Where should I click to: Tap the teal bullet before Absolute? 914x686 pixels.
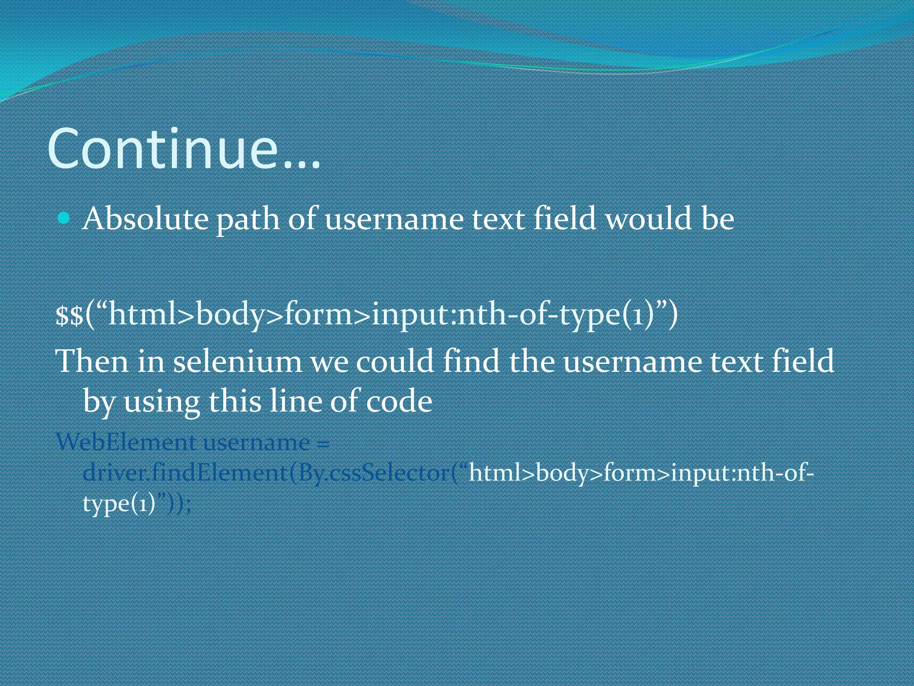coord(64,218)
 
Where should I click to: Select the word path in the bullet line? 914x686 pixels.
coord(248,220)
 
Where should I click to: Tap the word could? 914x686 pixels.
coord(395,361)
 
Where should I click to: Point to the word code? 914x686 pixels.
coord(399,401)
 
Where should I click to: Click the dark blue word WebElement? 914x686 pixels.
coord(126,443)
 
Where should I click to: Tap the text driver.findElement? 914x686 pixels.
coord(185,473)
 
